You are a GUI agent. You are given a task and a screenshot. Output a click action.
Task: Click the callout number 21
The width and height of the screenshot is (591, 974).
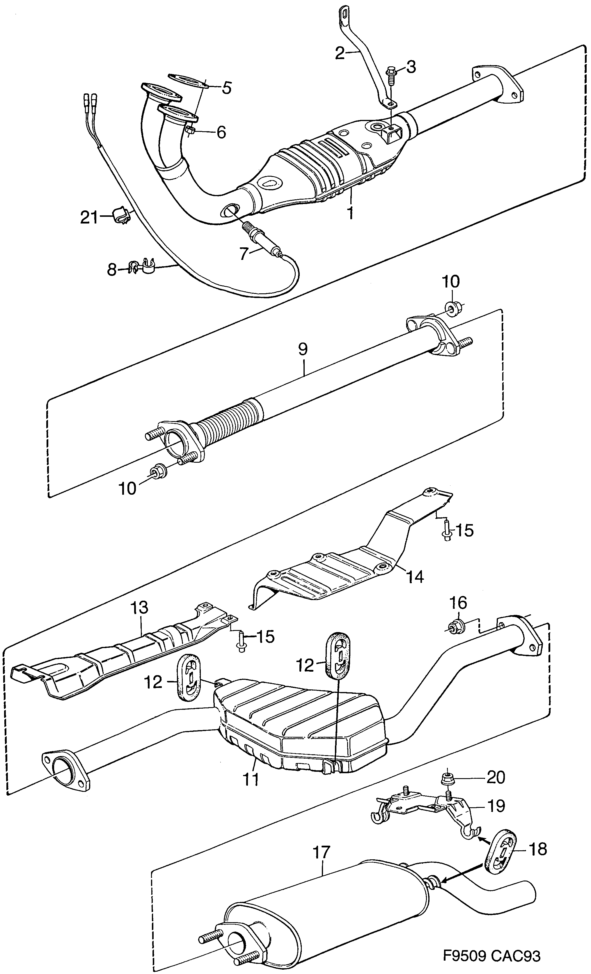[x=89, y=217]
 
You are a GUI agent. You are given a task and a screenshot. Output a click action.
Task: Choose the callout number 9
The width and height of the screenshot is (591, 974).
[x=303, y=349]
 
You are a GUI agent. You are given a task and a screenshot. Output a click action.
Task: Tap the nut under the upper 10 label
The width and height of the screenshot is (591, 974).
[x=451, y=308]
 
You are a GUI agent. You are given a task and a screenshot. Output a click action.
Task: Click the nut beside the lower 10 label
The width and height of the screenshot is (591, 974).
[x=155, y=472]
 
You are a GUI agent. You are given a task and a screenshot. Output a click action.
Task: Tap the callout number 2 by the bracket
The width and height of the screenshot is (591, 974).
[x=340, y=53]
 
